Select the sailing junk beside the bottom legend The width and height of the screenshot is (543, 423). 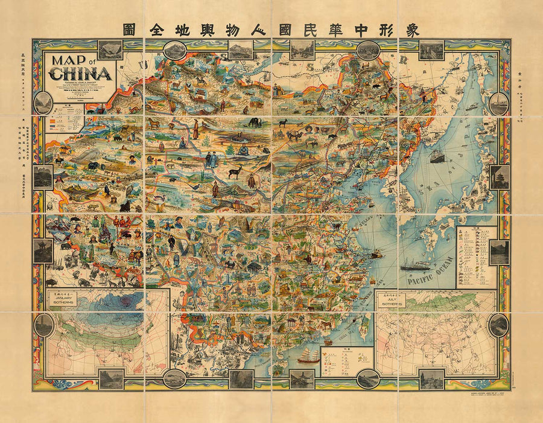pos(308,355)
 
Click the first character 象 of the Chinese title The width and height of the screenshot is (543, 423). pos(413,30)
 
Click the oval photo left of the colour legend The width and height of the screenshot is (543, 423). pos(43,103)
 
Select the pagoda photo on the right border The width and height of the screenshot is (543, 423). pos(500,177)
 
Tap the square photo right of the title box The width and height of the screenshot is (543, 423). pos(109,49)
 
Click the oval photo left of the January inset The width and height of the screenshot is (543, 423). pos(43,325)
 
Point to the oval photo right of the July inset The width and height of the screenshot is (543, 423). pos(499,325)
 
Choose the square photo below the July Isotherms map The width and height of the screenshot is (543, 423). pos(431,379)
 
